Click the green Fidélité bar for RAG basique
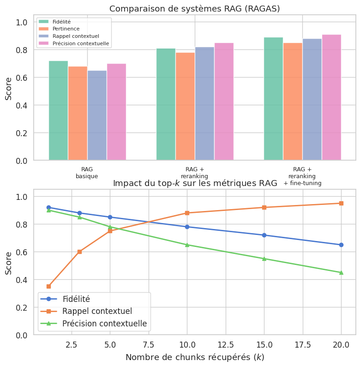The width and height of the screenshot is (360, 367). coord(58,111)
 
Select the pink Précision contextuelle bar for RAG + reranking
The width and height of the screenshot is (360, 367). coord(224,102)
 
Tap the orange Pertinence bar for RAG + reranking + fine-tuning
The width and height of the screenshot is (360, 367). coord(293,102)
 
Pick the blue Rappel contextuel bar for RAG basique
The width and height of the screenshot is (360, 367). coord(97,115)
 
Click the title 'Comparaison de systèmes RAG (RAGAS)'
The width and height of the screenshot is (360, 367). coord(194,9)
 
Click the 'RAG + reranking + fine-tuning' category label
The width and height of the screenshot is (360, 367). coord(302,176)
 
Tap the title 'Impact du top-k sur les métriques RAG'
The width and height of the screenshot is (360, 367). coord(195,183)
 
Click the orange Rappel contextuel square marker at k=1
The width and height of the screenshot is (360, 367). coord(48,286)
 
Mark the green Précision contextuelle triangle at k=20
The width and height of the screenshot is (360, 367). coord(341,272)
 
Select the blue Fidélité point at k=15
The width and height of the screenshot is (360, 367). coord(264,235)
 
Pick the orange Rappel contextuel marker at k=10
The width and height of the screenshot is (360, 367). coord(187,213)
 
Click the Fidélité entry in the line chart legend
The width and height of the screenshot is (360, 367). coord(76,299)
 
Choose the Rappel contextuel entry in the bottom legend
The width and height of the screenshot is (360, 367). coord(97,311)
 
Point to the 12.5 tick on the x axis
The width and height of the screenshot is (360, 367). coord(226,344)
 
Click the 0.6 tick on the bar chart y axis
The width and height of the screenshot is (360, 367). coord(21,78)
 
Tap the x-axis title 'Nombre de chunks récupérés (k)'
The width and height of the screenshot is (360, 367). coord(195,357)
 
